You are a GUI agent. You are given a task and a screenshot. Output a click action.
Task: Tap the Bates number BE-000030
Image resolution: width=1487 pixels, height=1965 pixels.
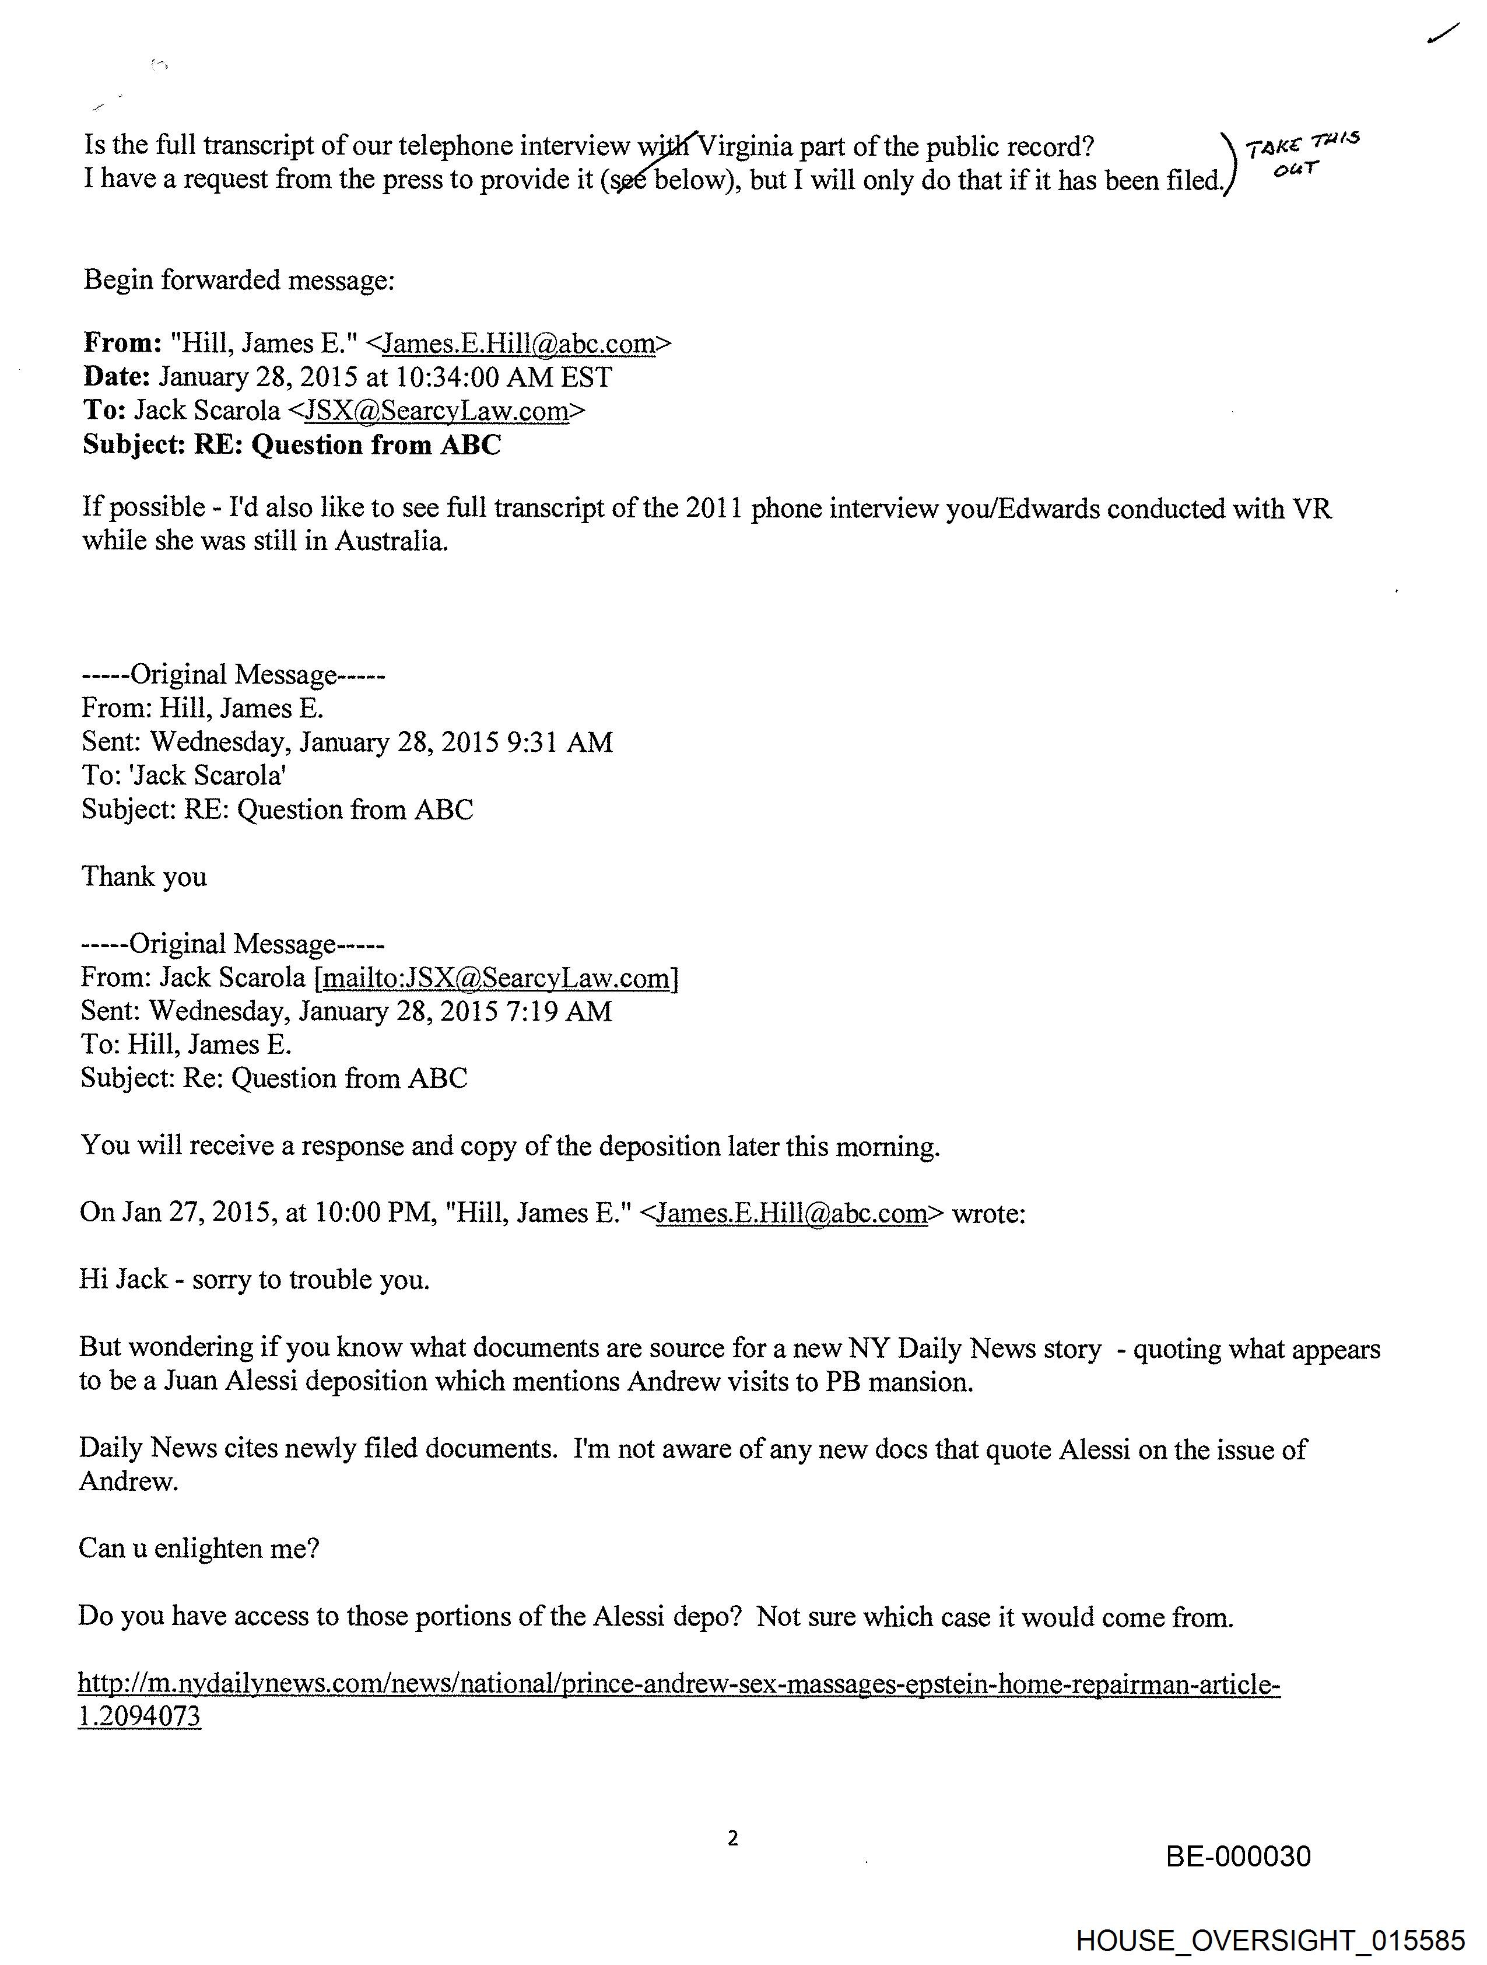coord(1237,1857)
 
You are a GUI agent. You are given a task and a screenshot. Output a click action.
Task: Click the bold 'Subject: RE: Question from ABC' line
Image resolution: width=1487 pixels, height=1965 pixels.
coord(292,444)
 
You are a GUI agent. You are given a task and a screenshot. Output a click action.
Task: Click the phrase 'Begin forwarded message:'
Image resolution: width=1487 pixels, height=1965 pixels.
coord(239,280)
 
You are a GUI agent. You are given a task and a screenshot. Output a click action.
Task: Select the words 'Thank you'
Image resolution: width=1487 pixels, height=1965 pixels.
coord(144,877)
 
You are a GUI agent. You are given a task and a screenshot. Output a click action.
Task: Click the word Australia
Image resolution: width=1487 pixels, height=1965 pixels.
coord(390,541)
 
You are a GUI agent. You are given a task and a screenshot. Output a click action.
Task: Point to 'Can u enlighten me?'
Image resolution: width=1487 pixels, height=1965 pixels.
coord(199,1549)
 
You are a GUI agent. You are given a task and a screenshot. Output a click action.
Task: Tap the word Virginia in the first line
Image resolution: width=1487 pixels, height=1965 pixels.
coord(745,146)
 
